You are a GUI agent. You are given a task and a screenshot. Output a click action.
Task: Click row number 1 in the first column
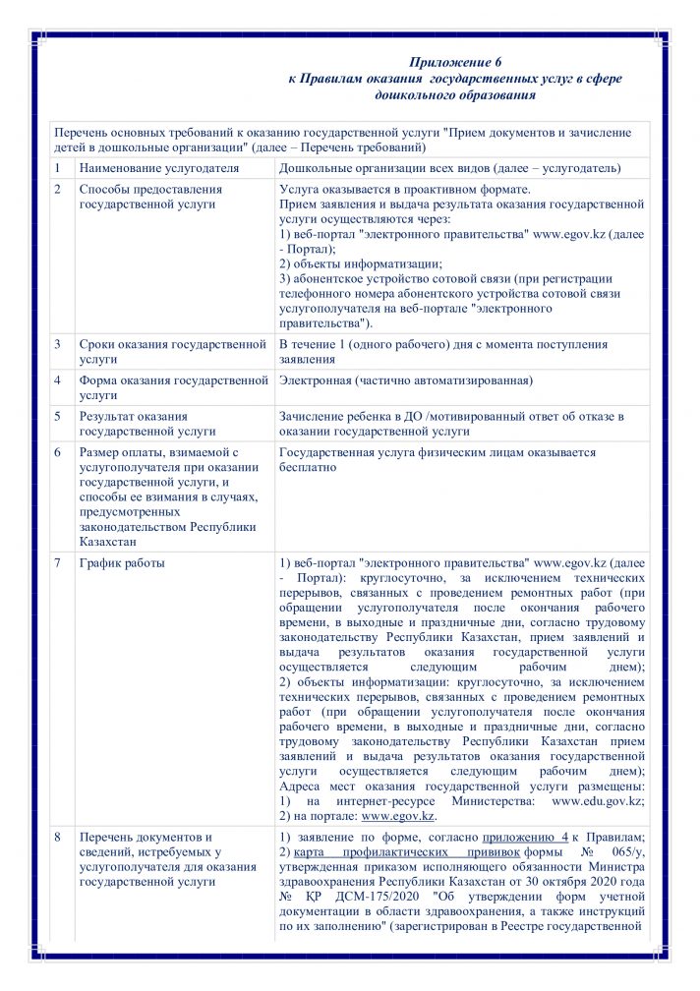point(57,169)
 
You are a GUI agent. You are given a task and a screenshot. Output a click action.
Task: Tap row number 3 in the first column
point(57,344)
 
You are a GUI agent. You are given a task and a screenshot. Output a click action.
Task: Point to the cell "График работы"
point(122,563)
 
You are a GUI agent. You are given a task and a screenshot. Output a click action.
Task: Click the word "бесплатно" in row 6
point(308,467)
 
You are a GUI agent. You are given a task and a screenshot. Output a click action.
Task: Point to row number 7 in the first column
point(57,563)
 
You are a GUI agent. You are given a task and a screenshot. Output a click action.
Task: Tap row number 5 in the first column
point(57,415)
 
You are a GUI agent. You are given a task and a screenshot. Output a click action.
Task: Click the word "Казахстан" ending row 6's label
point(108,541)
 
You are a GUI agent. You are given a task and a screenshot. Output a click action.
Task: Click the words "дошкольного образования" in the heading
point(454,96)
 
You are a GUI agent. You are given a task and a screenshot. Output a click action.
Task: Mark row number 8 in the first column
point(57,837)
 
